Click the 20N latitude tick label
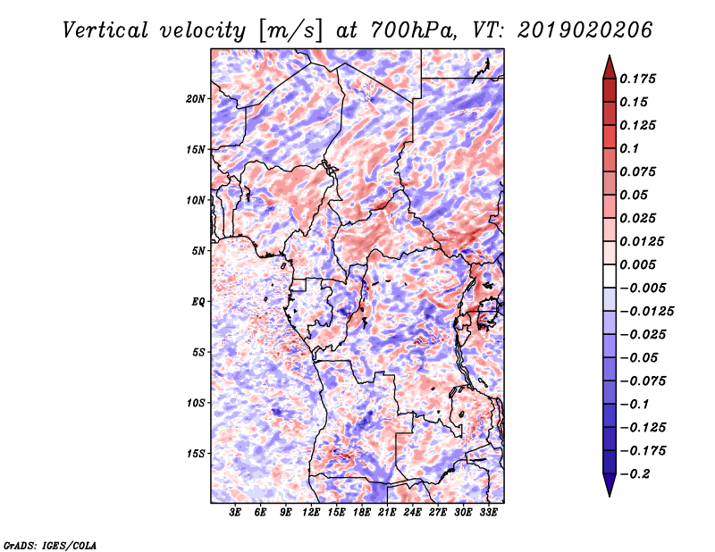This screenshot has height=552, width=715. click(x=196, y=99)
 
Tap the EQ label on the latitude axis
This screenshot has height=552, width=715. click(x=198, y=302)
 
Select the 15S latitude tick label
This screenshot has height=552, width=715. click(x=196, y=454)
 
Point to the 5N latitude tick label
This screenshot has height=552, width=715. click(x=198, y=251)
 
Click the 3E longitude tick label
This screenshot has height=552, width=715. click(x=235, y=512)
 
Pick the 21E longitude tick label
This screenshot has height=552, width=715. click(x=387, y=512)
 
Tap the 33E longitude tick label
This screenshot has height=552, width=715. click(x=488, y=512)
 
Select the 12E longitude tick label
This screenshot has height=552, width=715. click(x=310, y=512)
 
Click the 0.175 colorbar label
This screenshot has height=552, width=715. click(x=637, y=79)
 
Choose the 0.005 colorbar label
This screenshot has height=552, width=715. click(x=637, y=264)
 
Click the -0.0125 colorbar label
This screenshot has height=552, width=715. click(x=646, y=312)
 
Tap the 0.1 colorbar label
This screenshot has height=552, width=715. click(x=629, y=148)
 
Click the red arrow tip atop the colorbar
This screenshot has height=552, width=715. click(x=610, y=55)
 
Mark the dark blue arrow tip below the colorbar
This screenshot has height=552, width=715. click(x=610, y=496)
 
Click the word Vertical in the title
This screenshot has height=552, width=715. click(x=105, y=30)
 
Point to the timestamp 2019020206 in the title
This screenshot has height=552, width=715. click(x=585, y=30)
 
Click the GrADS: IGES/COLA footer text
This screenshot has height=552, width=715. click(x=50, y=545)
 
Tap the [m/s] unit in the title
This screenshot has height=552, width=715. click(x=290, y=31)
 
